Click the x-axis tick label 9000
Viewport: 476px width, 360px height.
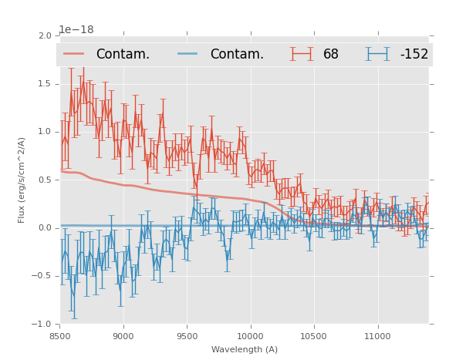[123, 336]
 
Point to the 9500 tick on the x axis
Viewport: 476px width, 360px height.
[187, 336]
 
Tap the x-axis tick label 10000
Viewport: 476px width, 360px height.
[250, 336]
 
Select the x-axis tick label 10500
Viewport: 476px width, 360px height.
[314, 336]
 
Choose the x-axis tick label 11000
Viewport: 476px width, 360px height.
[377, 336]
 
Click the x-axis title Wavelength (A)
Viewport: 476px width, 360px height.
[245, 349]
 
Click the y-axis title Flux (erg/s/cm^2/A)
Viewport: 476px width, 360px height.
[22, 180]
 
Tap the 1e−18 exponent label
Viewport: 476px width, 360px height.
[76, 29]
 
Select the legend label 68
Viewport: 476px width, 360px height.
[331, 55]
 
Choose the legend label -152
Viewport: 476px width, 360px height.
[414, 55]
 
